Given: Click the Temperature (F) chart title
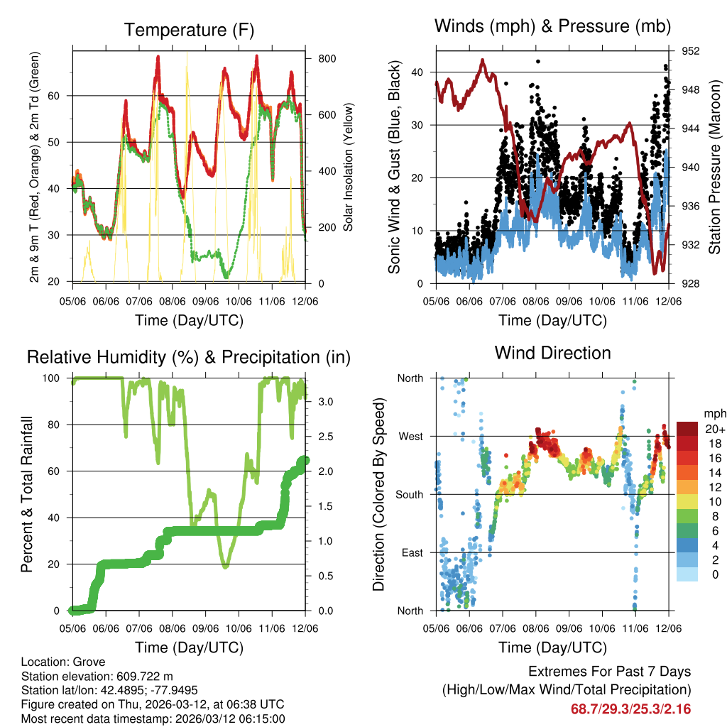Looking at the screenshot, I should click(x=189, y=30).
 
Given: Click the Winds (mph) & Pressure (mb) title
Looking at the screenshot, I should click(x=553, y=26).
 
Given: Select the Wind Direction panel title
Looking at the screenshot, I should click(x=552, y=352).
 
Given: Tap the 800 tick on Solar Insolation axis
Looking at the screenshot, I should click(x=327, y=59).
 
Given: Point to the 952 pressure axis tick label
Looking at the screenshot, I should click(x=691, y=51).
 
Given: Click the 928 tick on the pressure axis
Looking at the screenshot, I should click(x=691, y=284).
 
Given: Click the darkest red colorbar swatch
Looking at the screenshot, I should click(x=687, y=429).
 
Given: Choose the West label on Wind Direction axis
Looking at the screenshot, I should click(x=410, y=436).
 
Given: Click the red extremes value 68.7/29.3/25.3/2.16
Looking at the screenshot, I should click(x=630, y=709).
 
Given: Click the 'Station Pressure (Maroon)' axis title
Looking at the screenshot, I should click(x=714, y=167).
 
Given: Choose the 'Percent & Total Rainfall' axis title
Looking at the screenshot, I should click(x=26, y=494).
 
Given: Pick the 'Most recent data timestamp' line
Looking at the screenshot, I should click(x=153, y=718).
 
